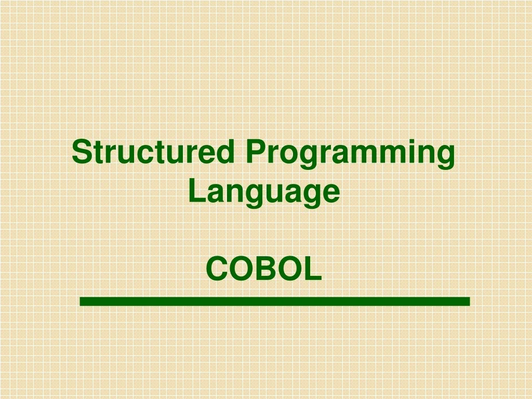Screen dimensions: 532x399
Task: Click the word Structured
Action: [x=153, y=151]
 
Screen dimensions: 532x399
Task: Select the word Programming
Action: [x=350, y=154]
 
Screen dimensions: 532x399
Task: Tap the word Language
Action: [x=264, y=192]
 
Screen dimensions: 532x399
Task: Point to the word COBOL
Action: [x=263, y=269]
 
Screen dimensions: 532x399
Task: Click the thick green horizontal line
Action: [x=275, y=301]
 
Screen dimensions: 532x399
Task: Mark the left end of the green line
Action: [x=80, y=301]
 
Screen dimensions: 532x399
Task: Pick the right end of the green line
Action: [x=470, y=301]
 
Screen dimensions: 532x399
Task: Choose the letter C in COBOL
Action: [x=218, y=269]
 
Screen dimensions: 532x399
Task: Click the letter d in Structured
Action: [x=224, y=151]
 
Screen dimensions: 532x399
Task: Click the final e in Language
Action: [x=330, y=193]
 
